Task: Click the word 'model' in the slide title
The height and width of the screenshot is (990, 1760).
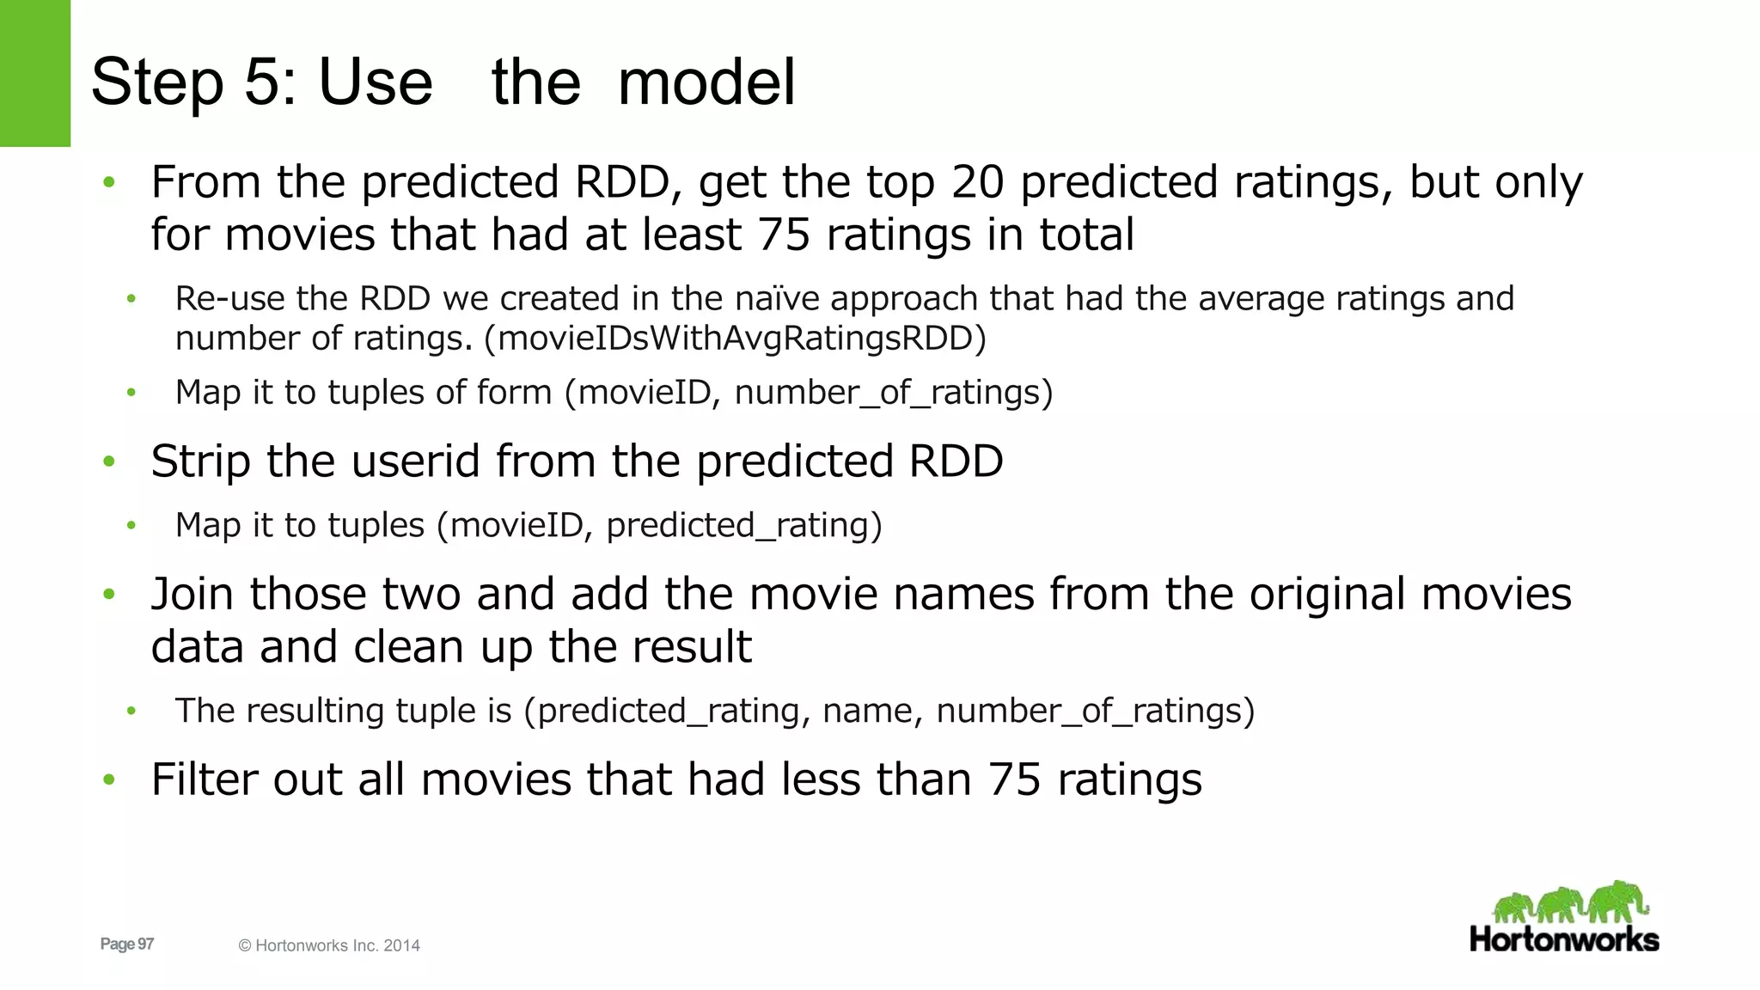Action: click(x=706, y=82)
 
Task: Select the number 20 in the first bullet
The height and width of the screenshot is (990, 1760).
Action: click(x=977, y=182)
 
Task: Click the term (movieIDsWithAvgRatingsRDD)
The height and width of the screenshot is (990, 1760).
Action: click(x=735, y=339)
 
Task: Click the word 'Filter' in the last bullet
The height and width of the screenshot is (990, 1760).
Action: click(x=205, y=779)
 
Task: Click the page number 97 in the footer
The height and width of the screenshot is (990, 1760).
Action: click(x=145, y=944)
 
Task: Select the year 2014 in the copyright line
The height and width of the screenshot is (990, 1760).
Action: click(x=401, y=945)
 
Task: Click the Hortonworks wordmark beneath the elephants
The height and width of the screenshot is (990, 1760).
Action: click(x=1564, y=938)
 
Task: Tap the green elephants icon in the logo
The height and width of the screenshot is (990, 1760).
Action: click(x=1569, y=902)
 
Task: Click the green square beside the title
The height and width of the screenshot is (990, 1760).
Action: click(x=35, y=73)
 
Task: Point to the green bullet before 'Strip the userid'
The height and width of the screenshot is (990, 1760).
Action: click(x=109, y=461)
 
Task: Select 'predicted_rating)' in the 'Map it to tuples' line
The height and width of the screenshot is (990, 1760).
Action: click(x=743, y=525)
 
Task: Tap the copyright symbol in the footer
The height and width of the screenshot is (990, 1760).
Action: click(x=245, y=945)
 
